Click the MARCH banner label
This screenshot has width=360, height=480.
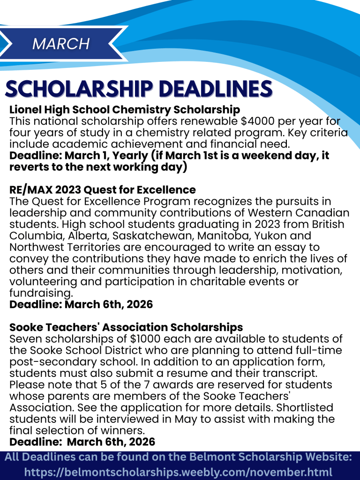point(61,44)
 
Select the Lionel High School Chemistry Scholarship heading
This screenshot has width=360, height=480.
point(125,110)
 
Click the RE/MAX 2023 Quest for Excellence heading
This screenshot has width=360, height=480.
point(103,190)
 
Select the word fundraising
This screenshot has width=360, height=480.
point(41,293)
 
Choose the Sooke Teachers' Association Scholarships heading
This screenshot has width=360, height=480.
point(126,327)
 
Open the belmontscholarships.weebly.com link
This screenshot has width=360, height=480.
point(178,472)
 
